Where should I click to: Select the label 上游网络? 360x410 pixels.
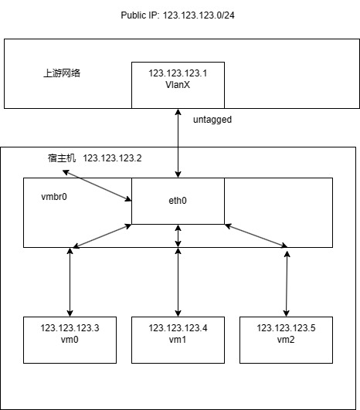point(61,75)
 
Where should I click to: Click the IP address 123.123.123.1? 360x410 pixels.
point(178,73)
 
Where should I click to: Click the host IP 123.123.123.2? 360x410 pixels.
point(113,158)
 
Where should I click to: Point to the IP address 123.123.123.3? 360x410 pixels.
point(70,328)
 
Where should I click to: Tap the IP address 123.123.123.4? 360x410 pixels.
point(178,328)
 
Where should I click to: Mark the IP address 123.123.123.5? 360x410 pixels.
point(287,328)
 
